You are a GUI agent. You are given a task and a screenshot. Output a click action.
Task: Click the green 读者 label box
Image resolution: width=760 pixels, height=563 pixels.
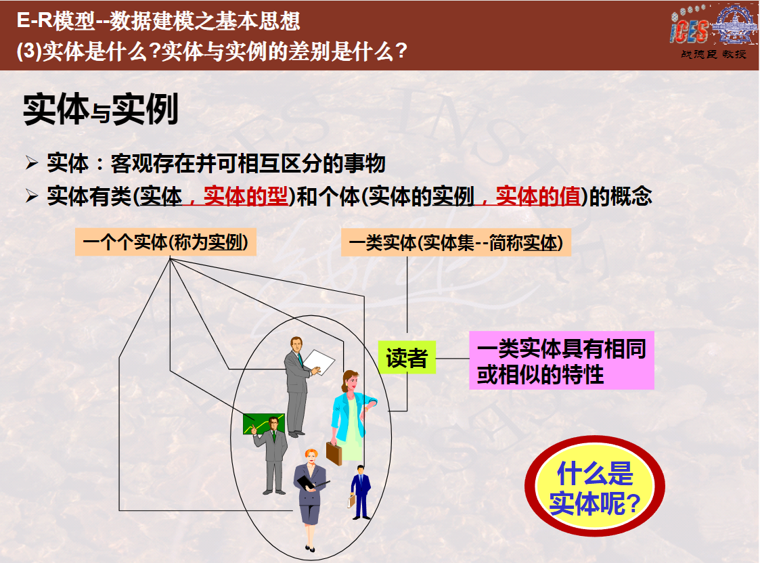pyautogui.click(x=407, y=357)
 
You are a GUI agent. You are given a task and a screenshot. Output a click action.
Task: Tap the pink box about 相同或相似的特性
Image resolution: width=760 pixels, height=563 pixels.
pyautogui.click(x=561, y=361)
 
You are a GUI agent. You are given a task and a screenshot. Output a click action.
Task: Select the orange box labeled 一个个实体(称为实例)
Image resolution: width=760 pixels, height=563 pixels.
pyautogui.click(x=166, y=242)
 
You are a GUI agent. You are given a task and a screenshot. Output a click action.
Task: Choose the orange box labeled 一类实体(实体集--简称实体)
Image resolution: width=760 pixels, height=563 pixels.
pyautogui.click(x=456, y=242)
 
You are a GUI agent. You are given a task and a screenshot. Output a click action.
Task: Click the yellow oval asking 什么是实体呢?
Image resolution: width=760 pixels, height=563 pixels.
pyautogui.click(x=595, y=487)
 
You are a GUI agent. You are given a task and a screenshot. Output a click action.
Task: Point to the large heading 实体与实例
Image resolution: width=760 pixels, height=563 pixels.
pyautogui.click(x=101, y=110)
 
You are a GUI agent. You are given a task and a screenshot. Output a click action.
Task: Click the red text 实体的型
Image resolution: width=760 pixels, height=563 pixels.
pyautogui.click(x=245, y=196)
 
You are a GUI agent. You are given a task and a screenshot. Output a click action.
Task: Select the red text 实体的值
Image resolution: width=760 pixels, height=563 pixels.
pyautogui.click(x=538, y=196)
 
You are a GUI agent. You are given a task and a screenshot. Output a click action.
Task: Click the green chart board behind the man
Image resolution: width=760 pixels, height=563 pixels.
pyautogui.click(x=257, y=423)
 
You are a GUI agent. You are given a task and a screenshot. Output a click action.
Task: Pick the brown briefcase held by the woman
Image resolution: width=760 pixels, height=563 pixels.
pyautogui.click(x=334, y=453)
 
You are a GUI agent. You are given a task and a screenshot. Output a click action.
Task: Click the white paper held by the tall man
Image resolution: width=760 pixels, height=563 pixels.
pyautogui.click(x=319, y=361)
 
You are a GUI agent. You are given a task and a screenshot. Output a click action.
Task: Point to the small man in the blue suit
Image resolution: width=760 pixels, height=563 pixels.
pyautogui.click(x=360, y=493)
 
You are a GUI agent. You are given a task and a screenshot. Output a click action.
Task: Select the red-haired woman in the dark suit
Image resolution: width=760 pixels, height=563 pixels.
pyautogui.click(x=310, y=499)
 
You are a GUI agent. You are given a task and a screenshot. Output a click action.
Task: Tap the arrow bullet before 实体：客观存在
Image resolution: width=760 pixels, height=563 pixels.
pyautogui.click(x=32, y=163)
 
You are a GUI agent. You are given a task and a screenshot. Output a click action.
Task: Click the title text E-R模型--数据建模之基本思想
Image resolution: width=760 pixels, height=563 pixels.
pyautogui.click(x=158, y=21)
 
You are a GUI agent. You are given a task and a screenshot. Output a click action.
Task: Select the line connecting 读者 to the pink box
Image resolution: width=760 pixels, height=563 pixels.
pyautogui.click(x=452, y=359)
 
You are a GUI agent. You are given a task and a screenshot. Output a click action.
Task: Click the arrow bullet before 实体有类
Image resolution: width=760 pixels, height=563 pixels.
pyautogui.click(x=32, y=196)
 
